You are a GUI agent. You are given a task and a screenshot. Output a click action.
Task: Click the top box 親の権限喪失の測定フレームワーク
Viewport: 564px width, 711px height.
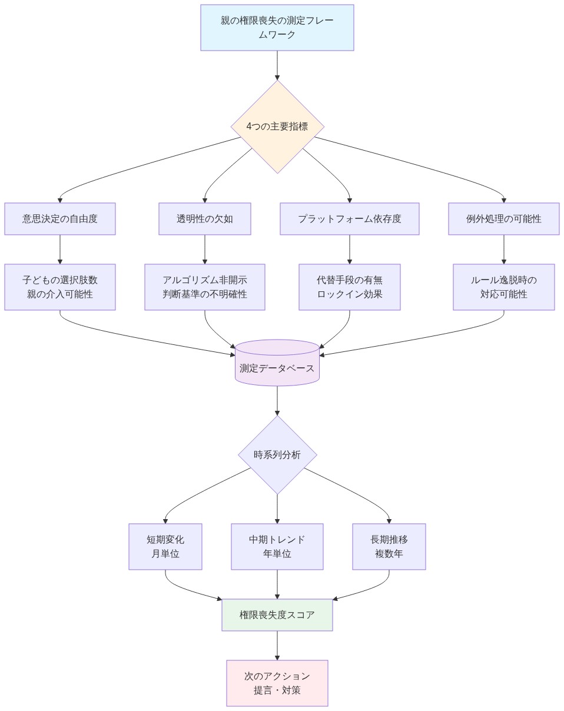coord(277,28)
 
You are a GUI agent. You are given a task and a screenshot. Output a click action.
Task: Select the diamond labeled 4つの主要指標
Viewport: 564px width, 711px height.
coord(277,127)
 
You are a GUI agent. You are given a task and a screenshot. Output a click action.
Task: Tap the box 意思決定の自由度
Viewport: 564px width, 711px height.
coord(60,219)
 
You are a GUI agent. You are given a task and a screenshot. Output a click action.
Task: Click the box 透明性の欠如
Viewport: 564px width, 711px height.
coord(205,219)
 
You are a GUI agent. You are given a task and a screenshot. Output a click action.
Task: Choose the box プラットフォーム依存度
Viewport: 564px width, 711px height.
coord(350,219)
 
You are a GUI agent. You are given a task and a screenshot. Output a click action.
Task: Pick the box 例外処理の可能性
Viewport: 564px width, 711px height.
coord(503,219)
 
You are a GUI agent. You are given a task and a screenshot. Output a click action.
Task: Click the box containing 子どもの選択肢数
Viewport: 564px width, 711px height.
coord(60,287)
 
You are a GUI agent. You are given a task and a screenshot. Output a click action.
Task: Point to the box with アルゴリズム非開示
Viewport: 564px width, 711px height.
coord(205,287)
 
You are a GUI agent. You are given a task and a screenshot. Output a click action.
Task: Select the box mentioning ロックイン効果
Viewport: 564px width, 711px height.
coord(350,287)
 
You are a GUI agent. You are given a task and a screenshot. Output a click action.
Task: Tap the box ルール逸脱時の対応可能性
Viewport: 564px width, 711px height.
coord(503,287)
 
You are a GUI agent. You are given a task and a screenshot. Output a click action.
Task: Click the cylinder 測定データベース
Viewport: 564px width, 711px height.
coord(277,364)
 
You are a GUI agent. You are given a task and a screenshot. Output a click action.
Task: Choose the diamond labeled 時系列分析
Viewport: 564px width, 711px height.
coord(277,455)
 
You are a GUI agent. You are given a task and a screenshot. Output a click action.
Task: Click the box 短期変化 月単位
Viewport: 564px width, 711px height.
coord(165,547)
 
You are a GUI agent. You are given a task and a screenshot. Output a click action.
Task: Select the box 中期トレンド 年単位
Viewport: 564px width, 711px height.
coord(277,547)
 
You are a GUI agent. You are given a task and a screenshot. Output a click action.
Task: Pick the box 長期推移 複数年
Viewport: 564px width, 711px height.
coord(389,547)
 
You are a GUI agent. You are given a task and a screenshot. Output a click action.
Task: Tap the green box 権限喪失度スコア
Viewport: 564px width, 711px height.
coord(277,615)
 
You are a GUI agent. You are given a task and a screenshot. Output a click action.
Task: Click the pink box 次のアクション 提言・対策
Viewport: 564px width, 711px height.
coord(277,683)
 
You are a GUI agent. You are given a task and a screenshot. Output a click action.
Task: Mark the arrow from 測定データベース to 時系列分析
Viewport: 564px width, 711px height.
coord(277,401)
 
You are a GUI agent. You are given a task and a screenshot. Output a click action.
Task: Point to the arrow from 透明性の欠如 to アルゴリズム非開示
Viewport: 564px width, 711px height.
coord(205,250)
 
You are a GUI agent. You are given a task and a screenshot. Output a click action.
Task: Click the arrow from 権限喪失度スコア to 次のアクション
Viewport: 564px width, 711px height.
coord(277,646)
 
